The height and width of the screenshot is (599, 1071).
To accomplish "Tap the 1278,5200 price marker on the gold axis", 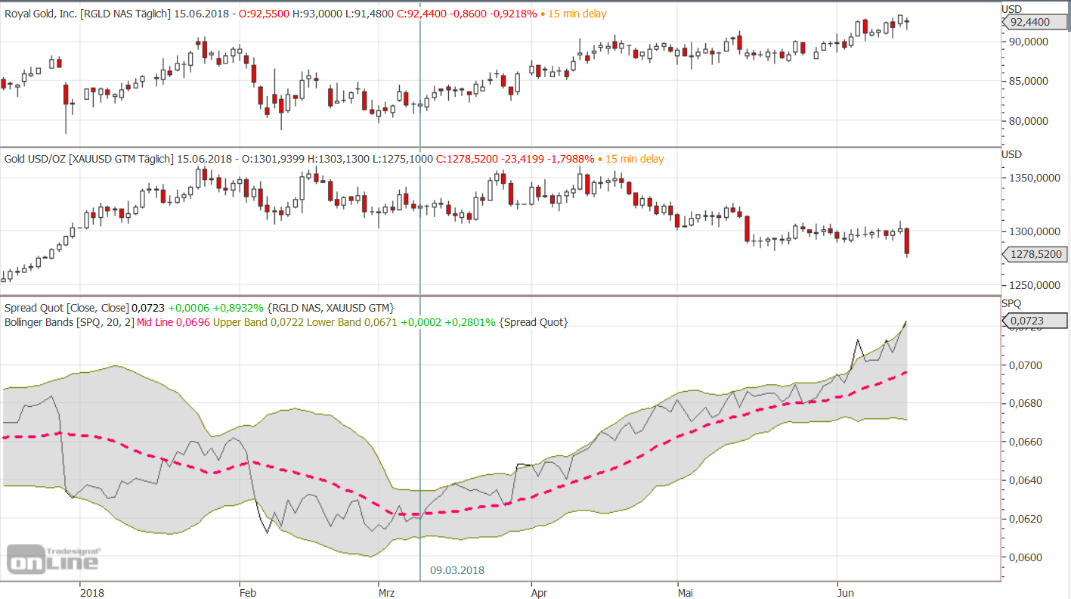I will tap(1034, 255).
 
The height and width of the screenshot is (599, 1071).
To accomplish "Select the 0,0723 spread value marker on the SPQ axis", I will tap(1034, 321).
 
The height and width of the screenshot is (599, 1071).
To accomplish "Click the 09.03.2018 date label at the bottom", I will tap(457, 570).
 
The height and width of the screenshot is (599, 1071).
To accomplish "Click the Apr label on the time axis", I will tap(538, 594).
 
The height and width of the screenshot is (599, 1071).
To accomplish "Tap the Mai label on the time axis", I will tap(685, 594).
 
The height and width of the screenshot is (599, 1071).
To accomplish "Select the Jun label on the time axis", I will tap(846, 594).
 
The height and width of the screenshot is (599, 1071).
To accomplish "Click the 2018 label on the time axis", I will tap(91, 594).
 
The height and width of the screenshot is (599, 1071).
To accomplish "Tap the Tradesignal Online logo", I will tap(53, 559).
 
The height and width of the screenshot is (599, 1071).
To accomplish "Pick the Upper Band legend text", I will tap(240, 322).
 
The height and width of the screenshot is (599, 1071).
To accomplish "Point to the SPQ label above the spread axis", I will tap(1011, 303).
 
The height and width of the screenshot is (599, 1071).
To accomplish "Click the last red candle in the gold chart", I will tap(906, 241).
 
